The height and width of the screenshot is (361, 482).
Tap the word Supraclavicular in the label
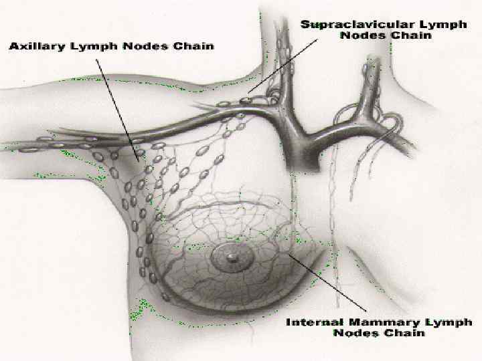(x=351, y=25)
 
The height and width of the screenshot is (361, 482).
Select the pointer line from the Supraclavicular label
(x=281, y=67)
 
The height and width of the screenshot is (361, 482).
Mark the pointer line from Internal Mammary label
(x=328, y=284)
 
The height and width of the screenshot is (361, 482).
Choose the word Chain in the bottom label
(x=405, y=333)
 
